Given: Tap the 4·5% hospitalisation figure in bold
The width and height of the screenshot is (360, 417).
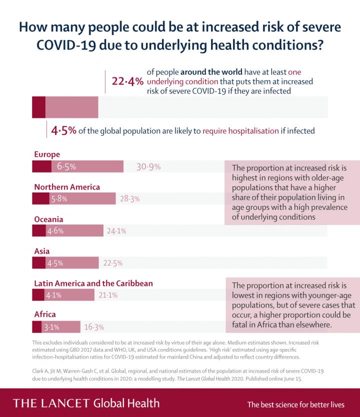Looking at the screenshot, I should pos(63,131).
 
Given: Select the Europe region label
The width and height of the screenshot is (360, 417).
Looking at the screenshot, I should pos(47,154).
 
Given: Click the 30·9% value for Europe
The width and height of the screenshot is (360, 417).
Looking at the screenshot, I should pos(148,167).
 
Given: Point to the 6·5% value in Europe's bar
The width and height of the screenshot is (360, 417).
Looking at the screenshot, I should pos(66,167).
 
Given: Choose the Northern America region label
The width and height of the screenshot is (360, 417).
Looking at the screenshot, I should pos(67,187).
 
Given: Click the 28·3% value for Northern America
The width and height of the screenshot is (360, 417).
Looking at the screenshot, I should pos(129,198).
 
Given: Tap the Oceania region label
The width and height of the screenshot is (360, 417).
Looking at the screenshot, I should pos(48,219).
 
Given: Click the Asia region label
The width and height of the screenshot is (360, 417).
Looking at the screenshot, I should pos(41,251).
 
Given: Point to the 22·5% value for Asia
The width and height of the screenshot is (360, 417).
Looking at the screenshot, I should pos(112,263).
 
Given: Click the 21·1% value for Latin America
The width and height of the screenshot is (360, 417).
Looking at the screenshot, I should pos(108,295).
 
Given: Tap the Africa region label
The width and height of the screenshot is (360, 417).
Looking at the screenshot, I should pos(44,315).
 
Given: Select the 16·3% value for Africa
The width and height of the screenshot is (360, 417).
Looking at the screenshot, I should pos(94,327).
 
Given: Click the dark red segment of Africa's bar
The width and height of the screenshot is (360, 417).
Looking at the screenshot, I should pos(36,327).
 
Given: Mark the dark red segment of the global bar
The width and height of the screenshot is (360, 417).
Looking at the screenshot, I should pos(38,106).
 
